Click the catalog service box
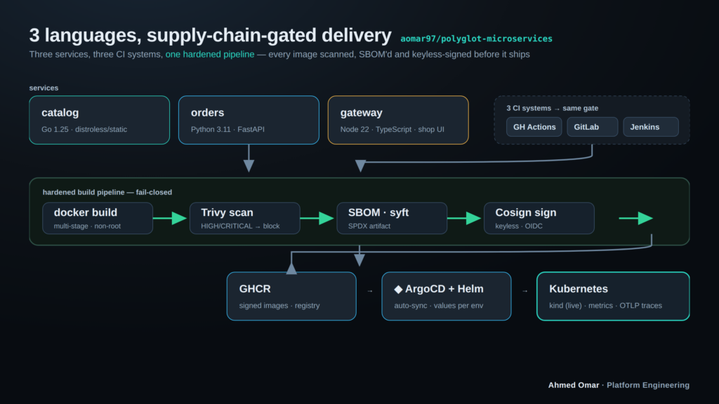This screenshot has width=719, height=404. coord(100,120)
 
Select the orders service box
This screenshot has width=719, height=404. coord(249,120)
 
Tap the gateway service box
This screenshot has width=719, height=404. coord(398,120)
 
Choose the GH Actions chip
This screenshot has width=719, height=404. coord(534,127)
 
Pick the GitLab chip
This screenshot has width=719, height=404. coord(593,127)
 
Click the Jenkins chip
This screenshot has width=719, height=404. coord(651,127)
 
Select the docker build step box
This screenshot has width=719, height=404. coord(98,219)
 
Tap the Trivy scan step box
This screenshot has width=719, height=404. coord(245,219)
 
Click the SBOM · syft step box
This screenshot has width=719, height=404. coord(392,219)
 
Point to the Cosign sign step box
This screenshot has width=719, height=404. coord(539,219)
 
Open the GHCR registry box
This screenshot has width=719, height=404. coord(291,297)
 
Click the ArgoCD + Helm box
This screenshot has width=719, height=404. coord(446,297)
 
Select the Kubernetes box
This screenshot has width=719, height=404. coord(613,297)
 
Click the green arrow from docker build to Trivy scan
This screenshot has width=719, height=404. coord(170,219)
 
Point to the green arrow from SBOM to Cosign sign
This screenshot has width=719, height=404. coord(464,219)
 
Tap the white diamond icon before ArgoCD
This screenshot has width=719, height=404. coord(399,289)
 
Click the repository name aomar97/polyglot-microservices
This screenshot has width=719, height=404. coord(477,39)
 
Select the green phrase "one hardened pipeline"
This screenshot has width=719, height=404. coord(210,55)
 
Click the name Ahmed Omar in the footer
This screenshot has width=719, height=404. coord(574,385)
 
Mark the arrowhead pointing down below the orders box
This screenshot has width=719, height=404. coord(249,166)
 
